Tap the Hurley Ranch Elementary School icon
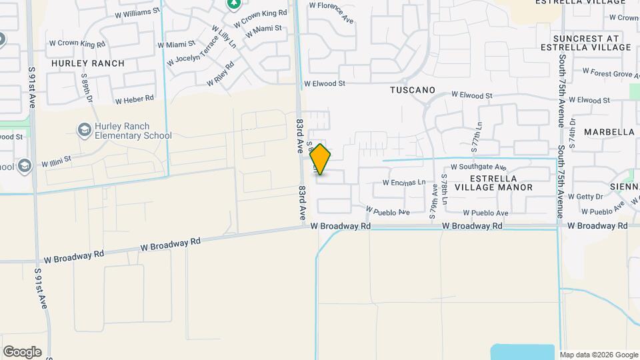pos(85,129)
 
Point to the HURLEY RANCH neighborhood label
pos(88,63)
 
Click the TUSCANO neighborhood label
pos(413,89)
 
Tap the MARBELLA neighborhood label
pos(609,132)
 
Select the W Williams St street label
pos(138,12)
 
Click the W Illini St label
pos(56,162)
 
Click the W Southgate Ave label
pos(479,167)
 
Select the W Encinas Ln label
pos(404,182)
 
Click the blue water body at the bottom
pos(523,351)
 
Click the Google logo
pos(22,351)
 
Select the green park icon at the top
pos(233,5)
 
